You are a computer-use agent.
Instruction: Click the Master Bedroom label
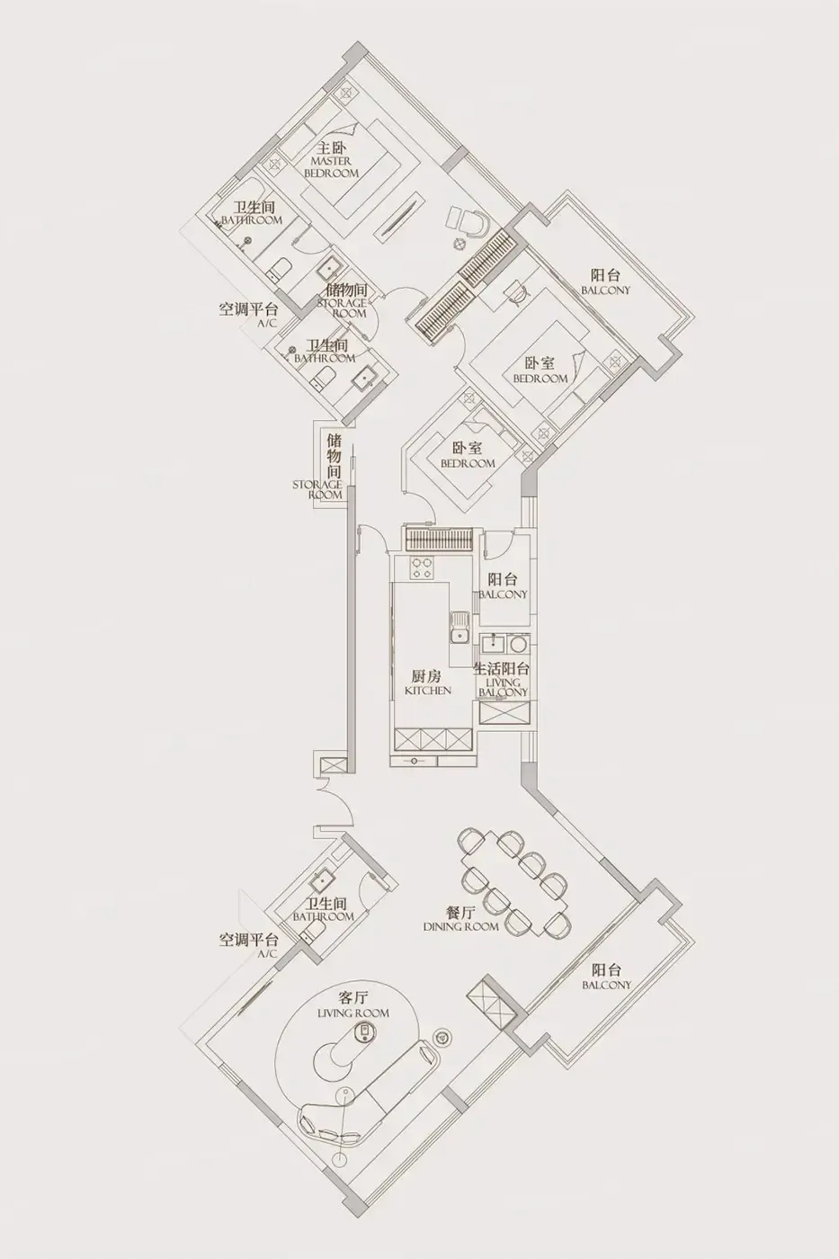click(x=332, y=160)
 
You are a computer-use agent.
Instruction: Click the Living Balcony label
click(x=503, y=681)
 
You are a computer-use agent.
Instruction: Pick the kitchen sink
click(x=460, y=626)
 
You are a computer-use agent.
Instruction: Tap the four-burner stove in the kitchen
click(x=423, y=567)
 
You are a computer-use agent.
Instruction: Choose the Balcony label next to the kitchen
click(x=503, y=586)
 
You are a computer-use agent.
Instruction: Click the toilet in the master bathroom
click(x=280, y=269)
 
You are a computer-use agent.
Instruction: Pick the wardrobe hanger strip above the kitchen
click(x=438, y=540)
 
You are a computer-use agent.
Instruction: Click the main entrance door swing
click(x=335, y=801)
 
